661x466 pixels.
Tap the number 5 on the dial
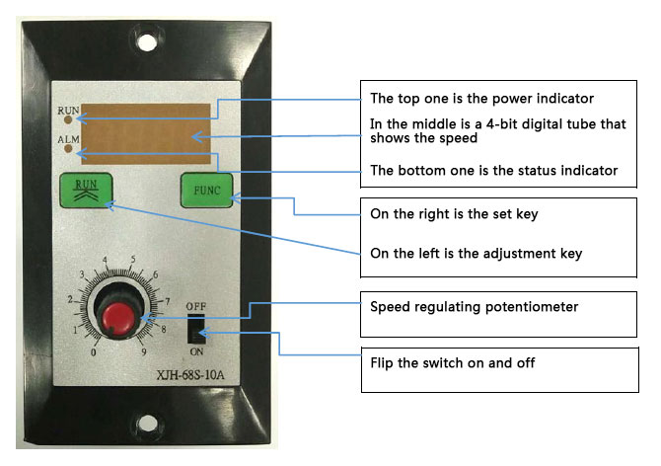pyautogui.click(x=132, y=261)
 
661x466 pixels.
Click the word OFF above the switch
pyautogui.click(x=195, y=306)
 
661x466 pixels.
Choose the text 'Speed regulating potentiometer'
pyautogui.click(x=474, y=307)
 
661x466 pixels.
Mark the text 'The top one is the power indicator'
pyautogui.click(x=480, y=99)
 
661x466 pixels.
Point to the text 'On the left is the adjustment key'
pyautogui.click(x=476, y=254)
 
